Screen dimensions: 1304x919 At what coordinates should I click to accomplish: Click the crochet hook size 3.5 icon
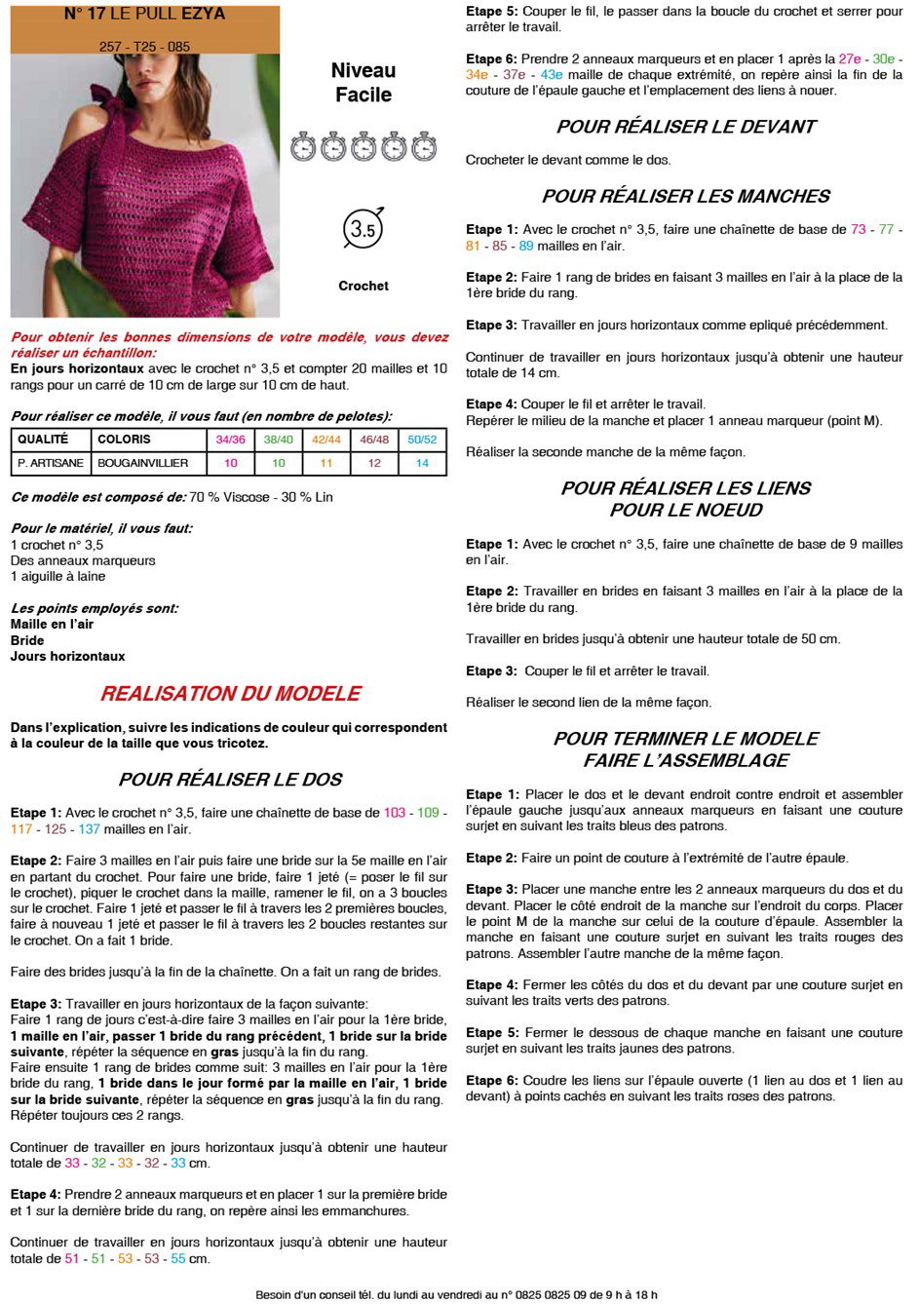pos(363,229)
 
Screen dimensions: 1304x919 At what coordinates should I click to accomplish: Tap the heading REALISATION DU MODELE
pos(231,694)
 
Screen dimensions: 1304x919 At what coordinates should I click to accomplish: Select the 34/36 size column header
pos(231,440)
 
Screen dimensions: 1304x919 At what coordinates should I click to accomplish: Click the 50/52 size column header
pos(422,440)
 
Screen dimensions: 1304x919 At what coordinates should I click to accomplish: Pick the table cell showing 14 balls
pos(422,463)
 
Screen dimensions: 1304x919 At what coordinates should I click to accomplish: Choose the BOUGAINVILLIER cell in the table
pos(142,463)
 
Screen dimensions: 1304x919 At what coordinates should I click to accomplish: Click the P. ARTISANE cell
pos(51,463)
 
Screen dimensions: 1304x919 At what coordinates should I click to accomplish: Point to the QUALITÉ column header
pos(43,440)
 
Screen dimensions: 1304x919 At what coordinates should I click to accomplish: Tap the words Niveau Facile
pos(364,83)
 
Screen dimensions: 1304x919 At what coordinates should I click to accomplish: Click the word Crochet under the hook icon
pos(364,286)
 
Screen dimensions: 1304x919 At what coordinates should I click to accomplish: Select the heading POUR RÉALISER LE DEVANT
pos(686,127)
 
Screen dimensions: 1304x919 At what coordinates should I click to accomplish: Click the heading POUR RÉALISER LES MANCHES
pos(686,196)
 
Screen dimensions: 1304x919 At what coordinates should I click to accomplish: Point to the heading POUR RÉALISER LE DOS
pos(231,780)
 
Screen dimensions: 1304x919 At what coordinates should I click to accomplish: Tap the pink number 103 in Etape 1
pos(395,813)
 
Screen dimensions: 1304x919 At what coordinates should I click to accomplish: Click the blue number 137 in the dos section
pos(90,829)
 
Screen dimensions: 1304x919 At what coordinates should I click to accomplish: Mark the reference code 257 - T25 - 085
pos(145,46)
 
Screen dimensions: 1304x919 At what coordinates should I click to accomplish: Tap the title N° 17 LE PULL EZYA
pos(145,14)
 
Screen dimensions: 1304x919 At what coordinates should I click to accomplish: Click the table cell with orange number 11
pos(326,463)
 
